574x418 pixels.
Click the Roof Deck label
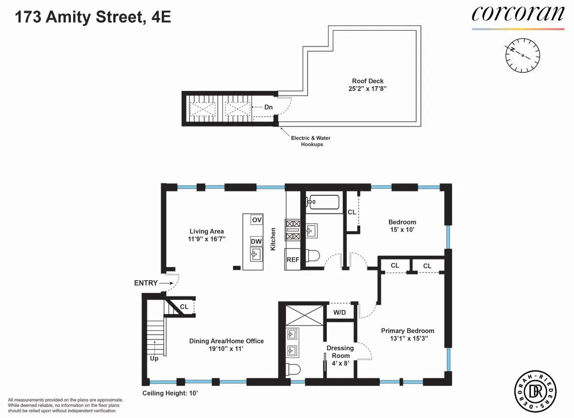[368, 81]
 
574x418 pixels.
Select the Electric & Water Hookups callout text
[310, 141]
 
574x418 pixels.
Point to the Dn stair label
[268, 107]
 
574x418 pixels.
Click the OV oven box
[257, 220]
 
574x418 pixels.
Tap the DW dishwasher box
[256, 242]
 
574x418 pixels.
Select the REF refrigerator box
[293, 260]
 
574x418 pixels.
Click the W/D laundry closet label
[340, 313]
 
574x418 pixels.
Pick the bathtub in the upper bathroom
[324, 202]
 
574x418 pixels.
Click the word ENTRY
[146, 283]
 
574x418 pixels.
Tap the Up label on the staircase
[155, 358]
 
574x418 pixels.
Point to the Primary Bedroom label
[408, 331]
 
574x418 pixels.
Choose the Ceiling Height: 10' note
[170, 393]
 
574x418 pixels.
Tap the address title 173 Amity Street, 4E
[93, 18]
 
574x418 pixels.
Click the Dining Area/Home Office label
[226, 341]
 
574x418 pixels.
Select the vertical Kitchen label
[274, 239]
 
